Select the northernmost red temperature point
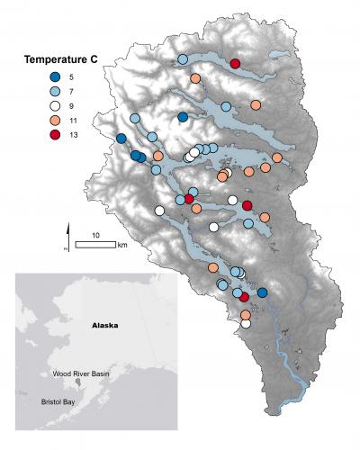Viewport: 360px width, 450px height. pos(235,63)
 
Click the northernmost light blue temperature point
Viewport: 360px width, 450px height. pos(183,58)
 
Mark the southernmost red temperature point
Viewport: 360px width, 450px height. pos(244,296)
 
